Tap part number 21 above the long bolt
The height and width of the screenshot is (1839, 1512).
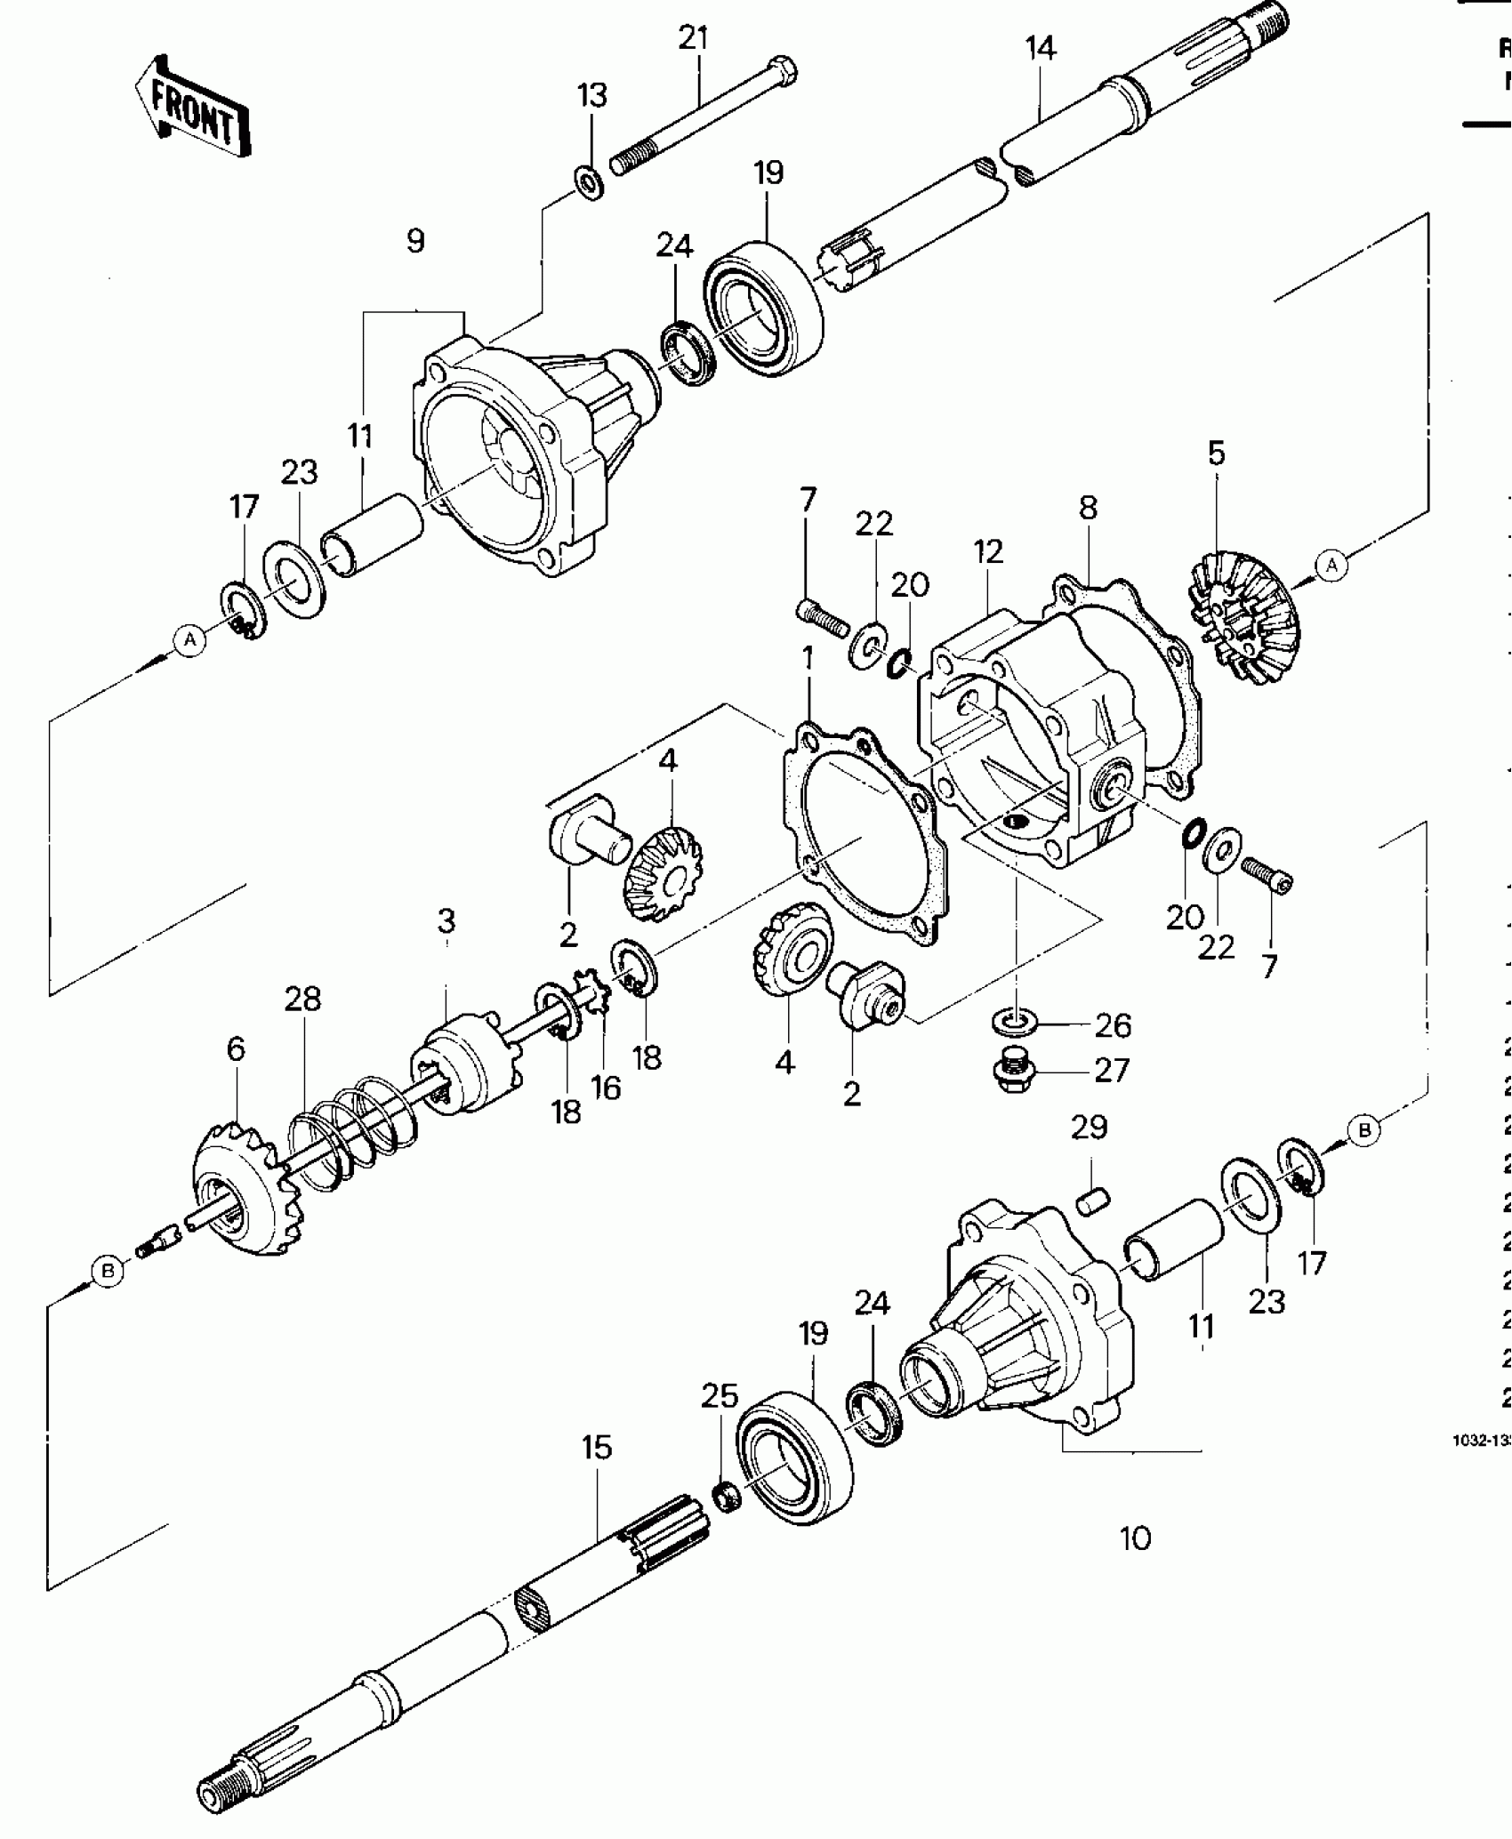tap(693, 39)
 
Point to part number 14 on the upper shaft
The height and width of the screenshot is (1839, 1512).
tap(1040, 49)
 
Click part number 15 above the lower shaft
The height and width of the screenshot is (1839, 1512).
tap(597, 1448)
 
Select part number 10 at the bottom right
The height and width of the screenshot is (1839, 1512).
tap(1136, 1538)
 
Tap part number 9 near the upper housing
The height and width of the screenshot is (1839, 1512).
tap(415, 240)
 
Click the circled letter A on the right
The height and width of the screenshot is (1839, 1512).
tap(1331, 566)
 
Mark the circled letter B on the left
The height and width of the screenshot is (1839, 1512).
tap(108, 1272)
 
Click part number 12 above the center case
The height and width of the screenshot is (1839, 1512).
tap(988, 552)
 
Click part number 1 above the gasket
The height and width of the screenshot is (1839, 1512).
tap(808, 659)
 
